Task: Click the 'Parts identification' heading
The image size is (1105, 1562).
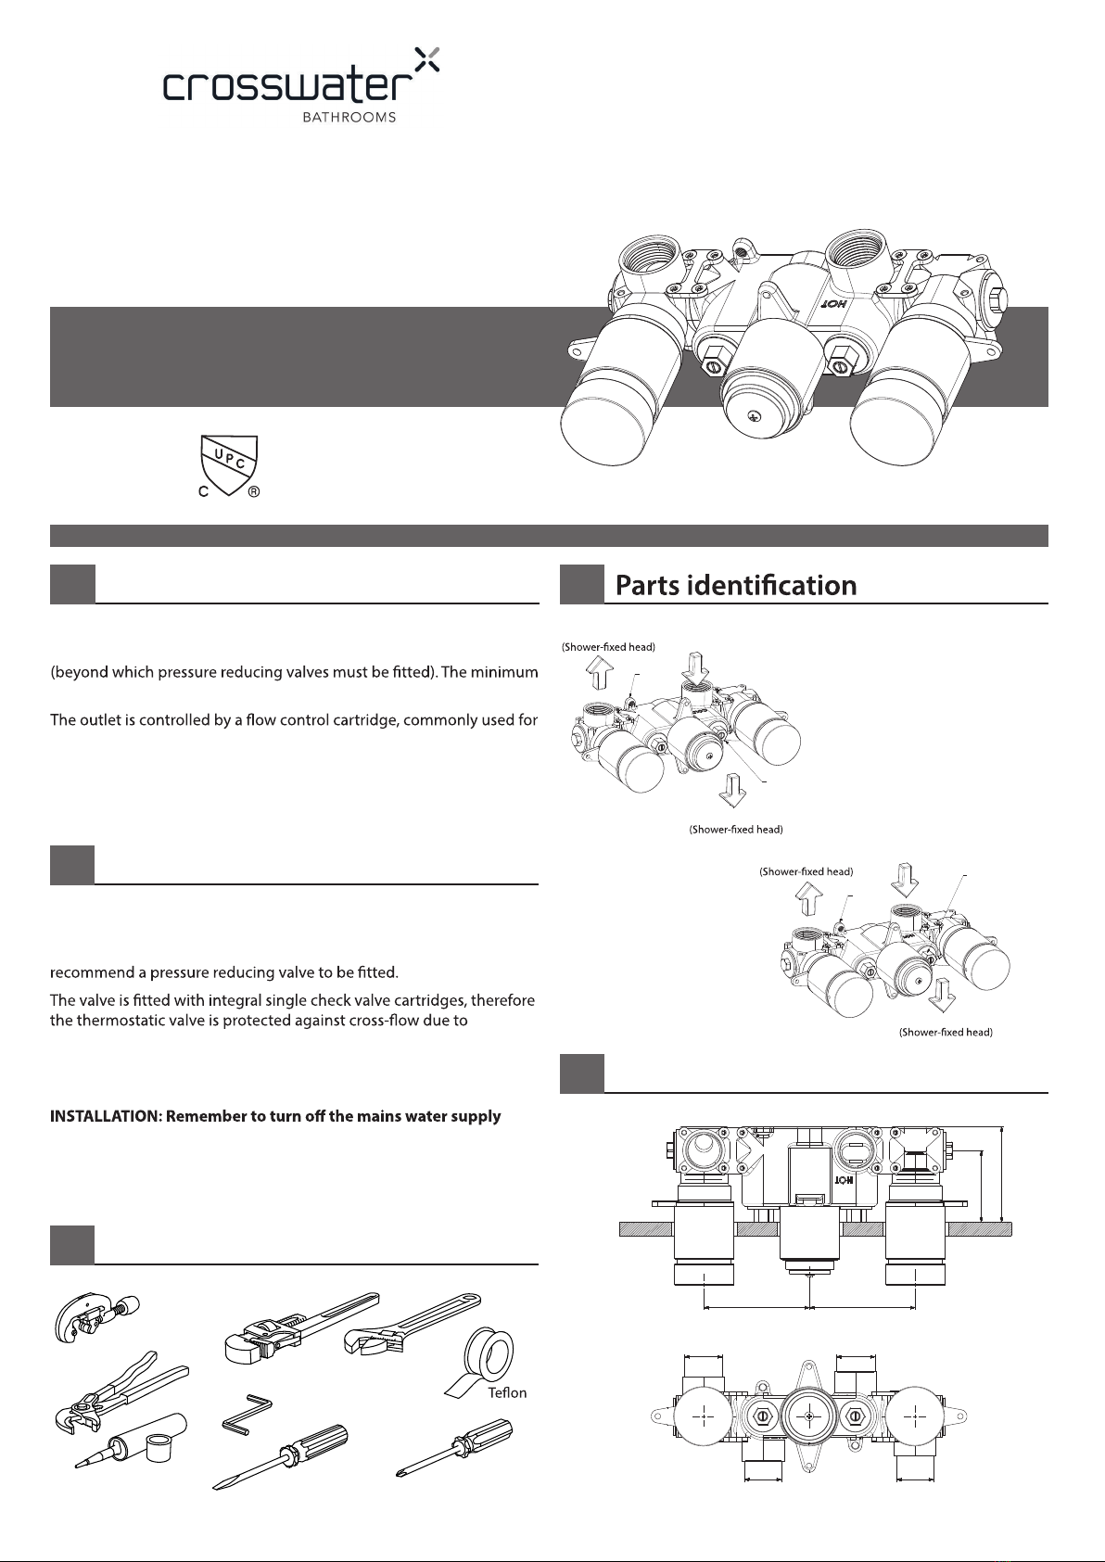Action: [x=736, y=586]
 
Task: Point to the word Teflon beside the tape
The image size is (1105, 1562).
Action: [x=507, y=1392]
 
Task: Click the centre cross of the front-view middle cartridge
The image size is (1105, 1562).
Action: [x=810, y=1417]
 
